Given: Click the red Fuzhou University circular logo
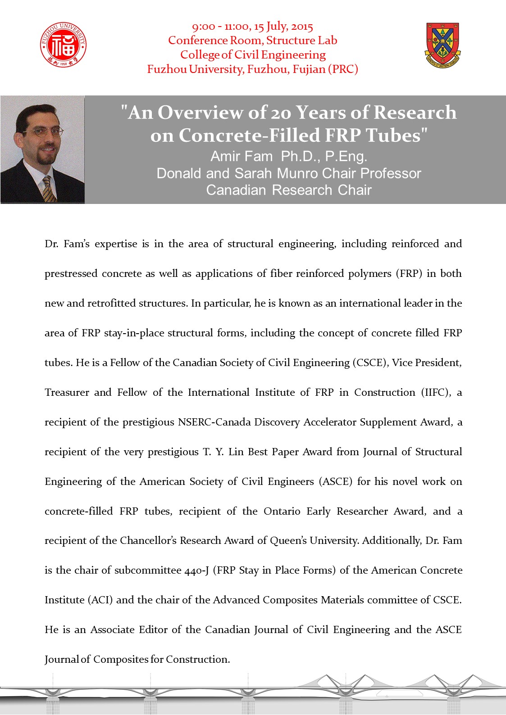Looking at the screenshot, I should coord(63,45).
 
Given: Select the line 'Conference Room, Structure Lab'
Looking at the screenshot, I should coord(253,41).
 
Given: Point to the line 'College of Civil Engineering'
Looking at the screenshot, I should coord(253,55).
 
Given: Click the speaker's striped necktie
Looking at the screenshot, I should coord(49,189).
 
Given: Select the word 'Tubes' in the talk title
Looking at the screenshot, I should coord(392,135).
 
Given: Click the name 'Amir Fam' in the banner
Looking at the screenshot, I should coord(242,156).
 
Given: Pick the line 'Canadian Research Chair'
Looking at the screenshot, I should coord(289,190).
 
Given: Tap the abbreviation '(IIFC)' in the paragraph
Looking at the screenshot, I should coord(436,393).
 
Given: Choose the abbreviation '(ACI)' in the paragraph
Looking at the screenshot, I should coord(100,600).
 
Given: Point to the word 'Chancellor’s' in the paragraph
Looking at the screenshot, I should coord(148,541).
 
